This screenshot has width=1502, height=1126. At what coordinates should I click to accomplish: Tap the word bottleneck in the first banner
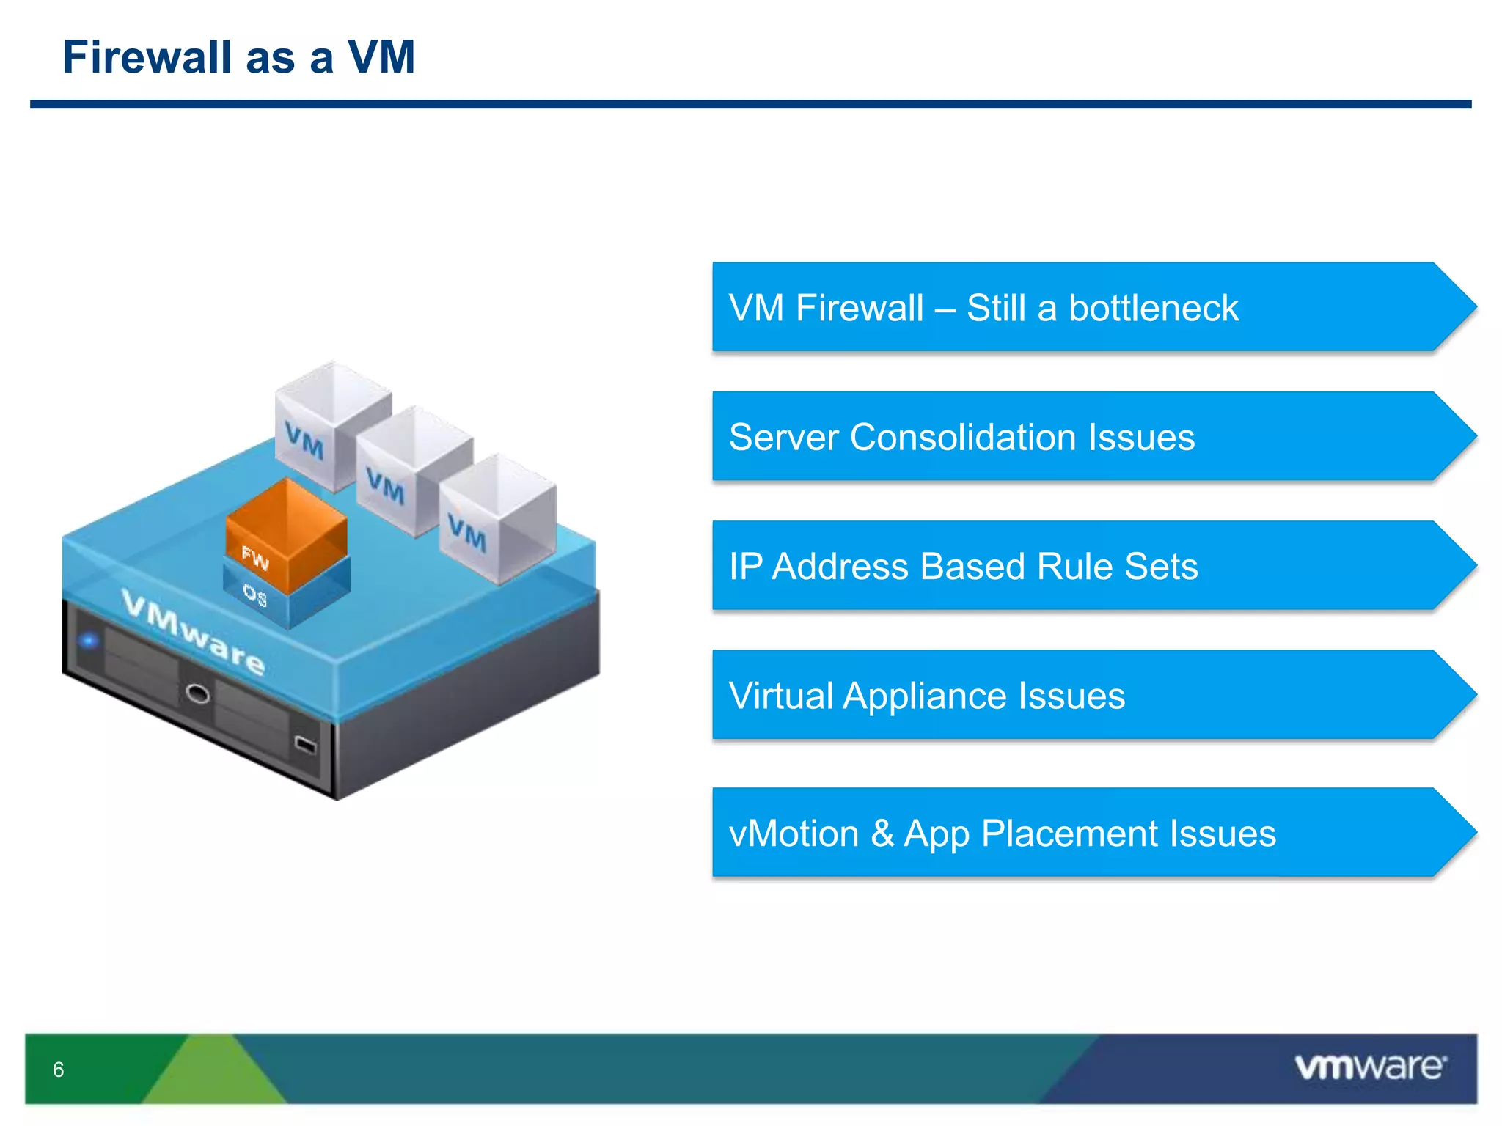[1154, 308]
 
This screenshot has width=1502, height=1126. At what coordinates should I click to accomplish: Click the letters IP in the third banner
[746, 567]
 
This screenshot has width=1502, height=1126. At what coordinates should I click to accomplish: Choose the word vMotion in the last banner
[794, 834]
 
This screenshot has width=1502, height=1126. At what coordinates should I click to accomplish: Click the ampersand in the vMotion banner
[882, 834]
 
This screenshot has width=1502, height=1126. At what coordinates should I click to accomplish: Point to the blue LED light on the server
[89, 641]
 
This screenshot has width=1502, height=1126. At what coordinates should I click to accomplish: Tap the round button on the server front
[197, 693]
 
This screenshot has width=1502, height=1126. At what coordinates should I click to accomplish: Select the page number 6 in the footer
[59, 1070]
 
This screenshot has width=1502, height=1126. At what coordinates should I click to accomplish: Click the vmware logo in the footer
[1370, 1067]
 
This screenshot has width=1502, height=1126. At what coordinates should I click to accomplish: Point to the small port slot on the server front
[305, 746]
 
